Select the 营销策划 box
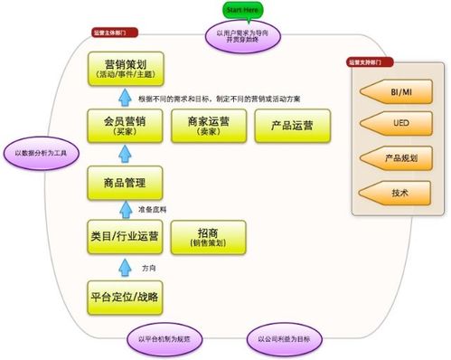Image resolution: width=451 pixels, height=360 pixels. click(126, 68)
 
